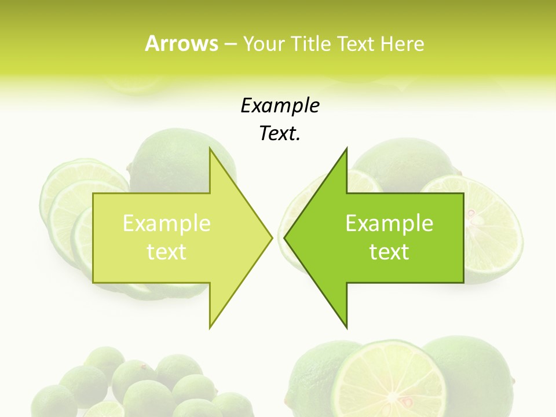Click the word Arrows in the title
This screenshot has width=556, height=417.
181,43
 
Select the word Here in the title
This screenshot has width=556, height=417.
402,43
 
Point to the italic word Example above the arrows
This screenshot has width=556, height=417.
280,105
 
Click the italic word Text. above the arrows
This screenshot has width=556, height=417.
280,134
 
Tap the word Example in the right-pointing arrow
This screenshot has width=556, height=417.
167,223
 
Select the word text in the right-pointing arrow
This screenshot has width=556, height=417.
167,251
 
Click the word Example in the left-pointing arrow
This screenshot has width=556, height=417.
389,223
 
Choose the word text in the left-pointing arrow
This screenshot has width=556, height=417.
389,251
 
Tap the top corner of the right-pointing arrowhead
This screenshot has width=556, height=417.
210,149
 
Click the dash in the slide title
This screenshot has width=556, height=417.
230,44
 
